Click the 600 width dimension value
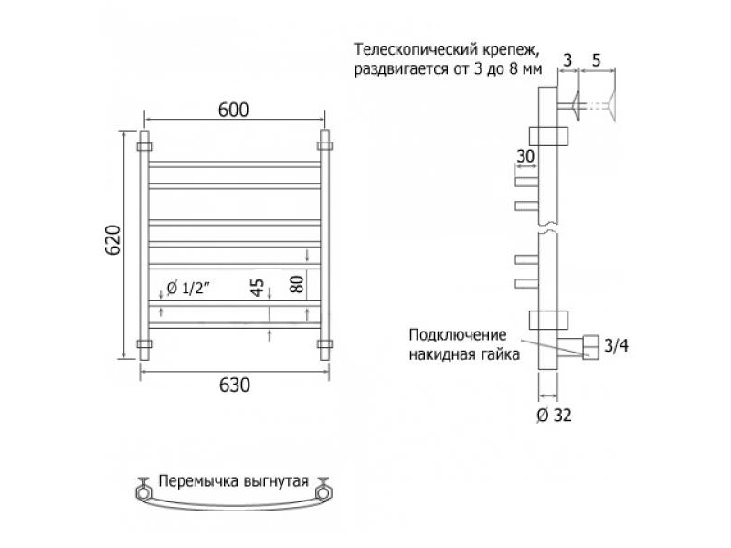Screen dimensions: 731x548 [234, 110]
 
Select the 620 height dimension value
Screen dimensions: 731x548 [112, 240]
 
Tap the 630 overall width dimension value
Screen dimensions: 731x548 [235, 385]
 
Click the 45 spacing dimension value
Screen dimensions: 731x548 [258, 287]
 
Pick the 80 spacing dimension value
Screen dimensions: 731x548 [297, 284]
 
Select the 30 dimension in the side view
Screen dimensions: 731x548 [525, 156]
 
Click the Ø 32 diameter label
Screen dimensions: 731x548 [554, 415]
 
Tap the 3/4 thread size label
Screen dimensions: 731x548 [616, 345]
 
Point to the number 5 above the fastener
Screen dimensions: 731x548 [597, 60]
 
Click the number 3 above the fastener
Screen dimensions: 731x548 [567, 60]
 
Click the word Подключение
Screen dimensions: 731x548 [458, 334]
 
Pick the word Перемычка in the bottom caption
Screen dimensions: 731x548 [195, 481]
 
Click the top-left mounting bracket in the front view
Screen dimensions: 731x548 [144, 146]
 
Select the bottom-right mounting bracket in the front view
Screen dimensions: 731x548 [324, 344]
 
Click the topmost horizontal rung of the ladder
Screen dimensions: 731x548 [235, 164]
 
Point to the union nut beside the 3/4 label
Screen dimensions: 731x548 [591, 347]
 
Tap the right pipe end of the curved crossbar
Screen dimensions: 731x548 [323, 491]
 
